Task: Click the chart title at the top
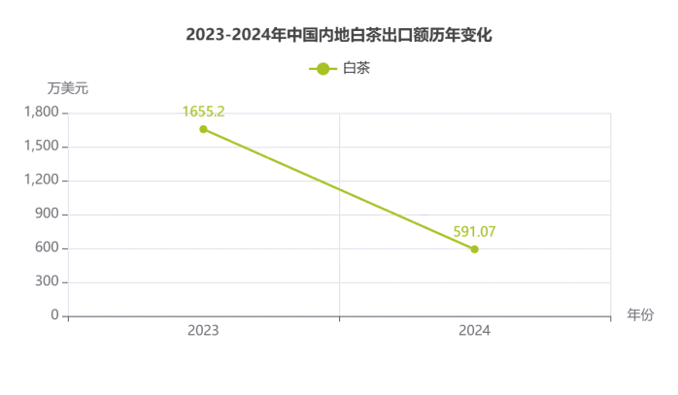(x=339, y=35)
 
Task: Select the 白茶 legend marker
(x=322, y=68)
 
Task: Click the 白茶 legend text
(x=356, y=68)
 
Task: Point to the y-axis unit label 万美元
(x=67, y=87)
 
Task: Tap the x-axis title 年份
(x=640, y=314)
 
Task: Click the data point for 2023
(x=203, y=129)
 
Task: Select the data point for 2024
(x=474, y=249)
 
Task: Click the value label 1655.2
(x=204, y=111)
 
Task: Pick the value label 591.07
(x=474, y=231)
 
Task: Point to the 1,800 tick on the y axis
(x=40, y=113)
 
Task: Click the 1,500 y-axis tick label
(x=40, y=147)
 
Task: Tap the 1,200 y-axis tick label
(x=40, y=181)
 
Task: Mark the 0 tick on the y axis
(x=54, y=316)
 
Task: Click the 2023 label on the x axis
(x=203, y=331)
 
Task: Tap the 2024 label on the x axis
(x=475, y=331)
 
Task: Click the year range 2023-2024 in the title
(x=228, y=35)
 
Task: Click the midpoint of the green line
(x=339, y=189)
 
